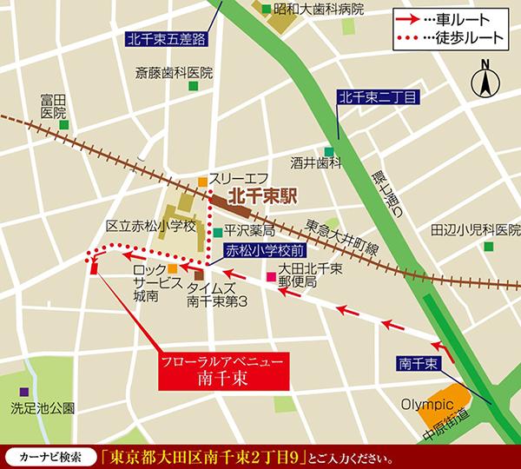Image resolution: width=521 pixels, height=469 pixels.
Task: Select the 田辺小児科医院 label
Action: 469,231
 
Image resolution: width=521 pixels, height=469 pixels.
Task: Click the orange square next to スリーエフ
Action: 202,182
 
